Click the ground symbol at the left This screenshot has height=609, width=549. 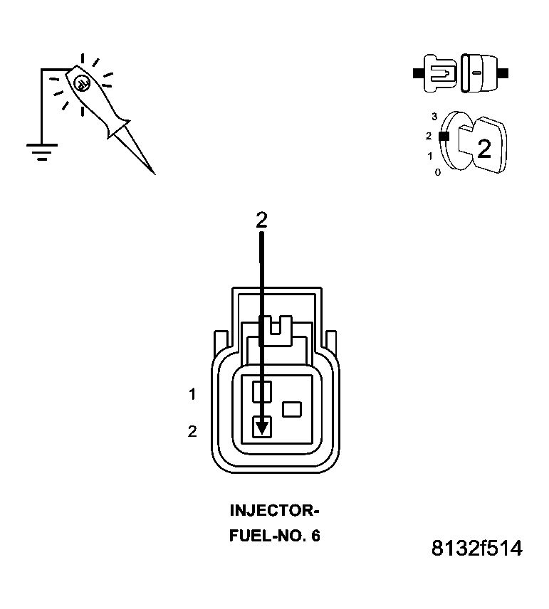coord(41,151)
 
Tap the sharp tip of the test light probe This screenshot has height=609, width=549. coord(153,172)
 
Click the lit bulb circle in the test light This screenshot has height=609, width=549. coord(82,83)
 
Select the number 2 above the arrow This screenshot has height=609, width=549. coord(261,221)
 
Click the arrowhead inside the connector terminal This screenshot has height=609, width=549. coord(262,427)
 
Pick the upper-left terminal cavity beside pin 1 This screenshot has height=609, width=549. coord(262,390)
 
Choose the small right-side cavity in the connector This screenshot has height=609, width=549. coord(292,409)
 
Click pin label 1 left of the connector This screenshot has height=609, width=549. coord(192,393)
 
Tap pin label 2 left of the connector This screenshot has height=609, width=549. coord(192,431)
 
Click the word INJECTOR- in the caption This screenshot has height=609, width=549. coord(274,511)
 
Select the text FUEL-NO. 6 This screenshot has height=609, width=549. coord(274,536)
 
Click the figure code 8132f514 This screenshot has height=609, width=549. coord(476,549)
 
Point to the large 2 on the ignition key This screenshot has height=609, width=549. coord(484,149)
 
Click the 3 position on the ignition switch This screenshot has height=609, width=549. coord(434,116)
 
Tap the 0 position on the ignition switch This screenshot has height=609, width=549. coord(437,172)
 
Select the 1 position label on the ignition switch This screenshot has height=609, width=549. coord(429,155)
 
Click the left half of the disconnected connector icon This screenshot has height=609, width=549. coord(438,73)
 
